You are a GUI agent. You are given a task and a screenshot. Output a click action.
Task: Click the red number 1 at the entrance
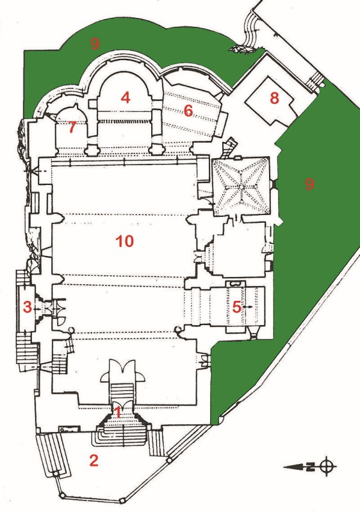tap(118, 413)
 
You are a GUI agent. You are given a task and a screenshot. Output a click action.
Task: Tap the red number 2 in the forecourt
tap(94, 460)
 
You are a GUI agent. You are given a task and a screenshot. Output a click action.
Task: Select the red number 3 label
tap(27, 307)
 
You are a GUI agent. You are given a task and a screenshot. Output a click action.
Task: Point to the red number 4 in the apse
tap(126, 97)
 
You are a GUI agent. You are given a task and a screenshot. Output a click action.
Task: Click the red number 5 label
tap(236, 307)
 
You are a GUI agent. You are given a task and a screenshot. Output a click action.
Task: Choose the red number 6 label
tap(188, 111)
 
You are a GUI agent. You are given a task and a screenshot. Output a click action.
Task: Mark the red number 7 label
tap(72, 127)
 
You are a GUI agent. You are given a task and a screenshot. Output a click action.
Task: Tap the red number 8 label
tap(274, 98)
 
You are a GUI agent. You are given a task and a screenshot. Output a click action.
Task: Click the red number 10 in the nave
tap(125, 241)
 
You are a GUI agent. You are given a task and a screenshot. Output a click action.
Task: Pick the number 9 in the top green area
tap(95, 43)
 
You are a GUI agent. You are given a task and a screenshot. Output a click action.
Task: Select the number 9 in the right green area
tap(309, 184)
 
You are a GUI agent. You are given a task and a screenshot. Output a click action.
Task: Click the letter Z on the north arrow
tap(312, 467)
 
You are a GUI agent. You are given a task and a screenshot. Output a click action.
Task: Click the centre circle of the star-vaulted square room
tap(240, 187)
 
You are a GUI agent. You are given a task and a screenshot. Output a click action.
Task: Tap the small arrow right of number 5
tap(248, 307)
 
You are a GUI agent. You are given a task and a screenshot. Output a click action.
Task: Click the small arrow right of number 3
tap(37, 308)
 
